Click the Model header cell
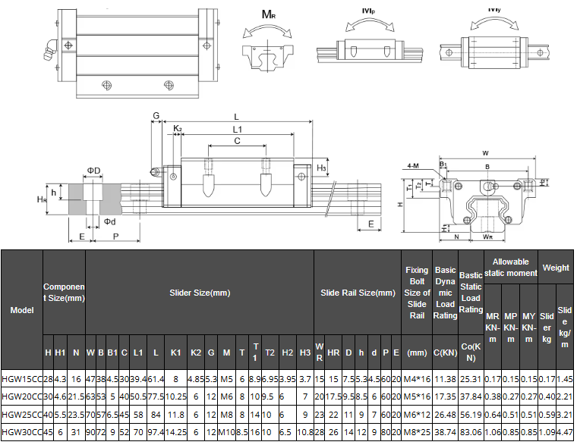tap(21, 309)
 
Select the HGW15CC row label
tap(21, 378)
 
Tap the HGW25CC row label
tap(21, 415)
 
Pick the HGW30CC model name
tap(21, 433)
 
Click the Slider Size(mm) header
tap(199, 293)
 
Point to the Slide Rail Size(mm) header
tap(358, 293)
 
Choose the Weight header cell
tap(556, 268)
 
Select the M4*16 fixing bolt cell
tap(417, 378)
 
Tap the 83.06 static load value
tap(471, 433)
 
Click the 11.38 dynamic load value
tap(445, 378)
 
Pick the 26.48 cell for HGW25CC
tap(445, 415)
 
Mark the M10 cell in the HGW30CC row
tap(226, 433)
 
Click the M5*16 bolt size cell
tap(417, 396)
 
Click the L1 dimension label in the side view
tap(238, 130)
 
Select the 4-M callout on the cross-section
tap(412, 165)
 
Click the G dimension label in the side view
tap(155, 116)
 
